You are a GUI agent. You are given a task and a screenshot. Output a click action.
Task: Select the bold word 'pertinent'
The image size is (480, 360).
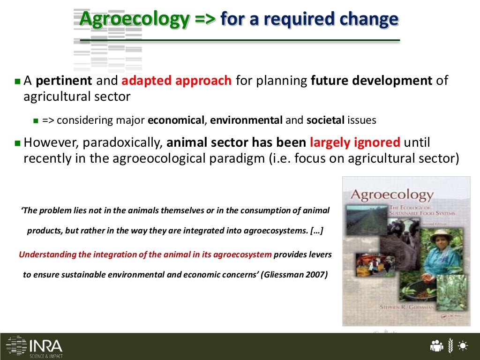click(x=64, y=80)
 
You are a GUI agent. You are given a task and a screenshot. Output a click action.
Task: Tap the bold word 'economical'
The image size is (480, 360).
click(x=176, y=120)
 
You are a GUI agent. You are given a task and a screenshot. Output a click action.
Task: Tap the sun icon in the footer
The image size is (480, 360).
click(x=463, y=346)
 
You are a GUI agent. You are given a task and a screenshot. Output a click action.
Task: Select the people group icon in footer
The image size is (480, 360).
click(x=436, y=346)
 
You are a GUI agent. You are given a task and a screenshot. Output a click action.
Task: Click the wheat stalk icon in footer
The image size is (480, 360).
click(x=450, y=346)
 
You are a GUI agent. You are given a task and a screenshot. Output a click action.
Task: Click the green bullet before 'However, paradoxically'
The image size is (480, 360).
click(x=18, y=142)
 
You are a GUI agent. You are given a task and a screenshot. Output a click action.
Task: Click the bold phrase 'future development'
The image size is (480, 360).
click(x=371, y=80)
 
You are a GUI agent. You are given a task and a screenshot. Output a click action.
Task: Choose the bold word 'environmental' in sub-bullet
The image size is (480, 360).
click(x=246, y=120)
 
